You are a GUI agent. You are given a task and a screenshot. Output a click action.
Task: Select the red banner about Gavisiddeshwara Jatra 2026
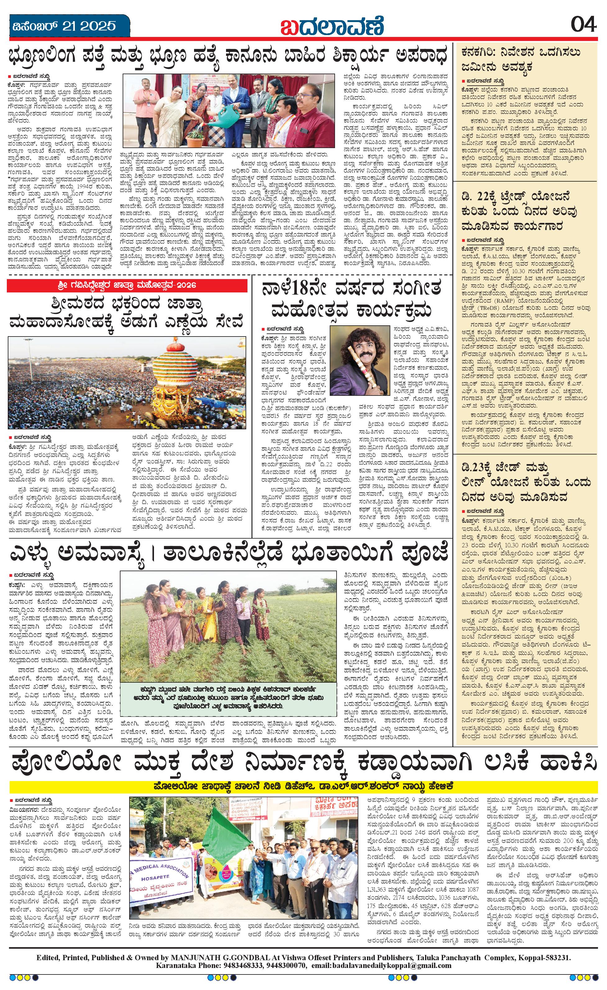point(127,286)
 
